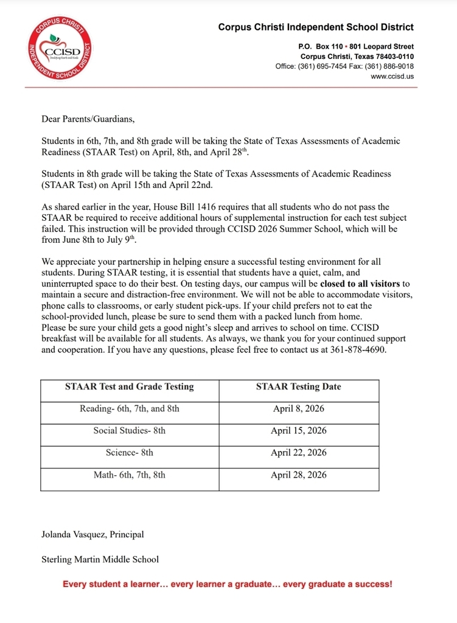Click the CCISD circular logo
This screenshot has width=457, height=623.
(59, 50)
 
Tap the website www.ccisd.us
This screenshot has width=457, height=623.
(392, 76)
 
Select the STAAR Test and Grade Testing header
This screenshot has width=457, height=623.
(129, 387)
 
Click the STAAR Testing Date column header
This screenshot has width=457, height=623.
(298, 387)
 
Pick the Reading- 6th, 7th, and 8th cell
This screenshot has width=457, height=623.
(129, 409)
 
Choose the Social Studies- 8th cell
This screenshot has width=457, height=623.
(129, 431)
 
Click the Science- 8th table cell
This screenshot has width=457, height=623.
(129, 453)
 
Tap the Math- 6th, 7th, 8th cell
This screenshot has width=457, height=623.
(129, 475)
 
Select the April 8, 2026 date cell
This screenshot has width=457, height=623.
(298, 409)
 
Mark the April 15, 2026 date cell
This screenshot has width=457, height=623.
(298, 431)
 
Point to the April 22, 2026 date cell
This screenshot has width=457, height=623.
(298, 453)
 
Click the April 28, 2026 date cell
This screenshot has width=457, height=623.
(298, 475)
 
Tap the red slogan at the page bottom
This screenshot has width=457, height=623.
(228, 584)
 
